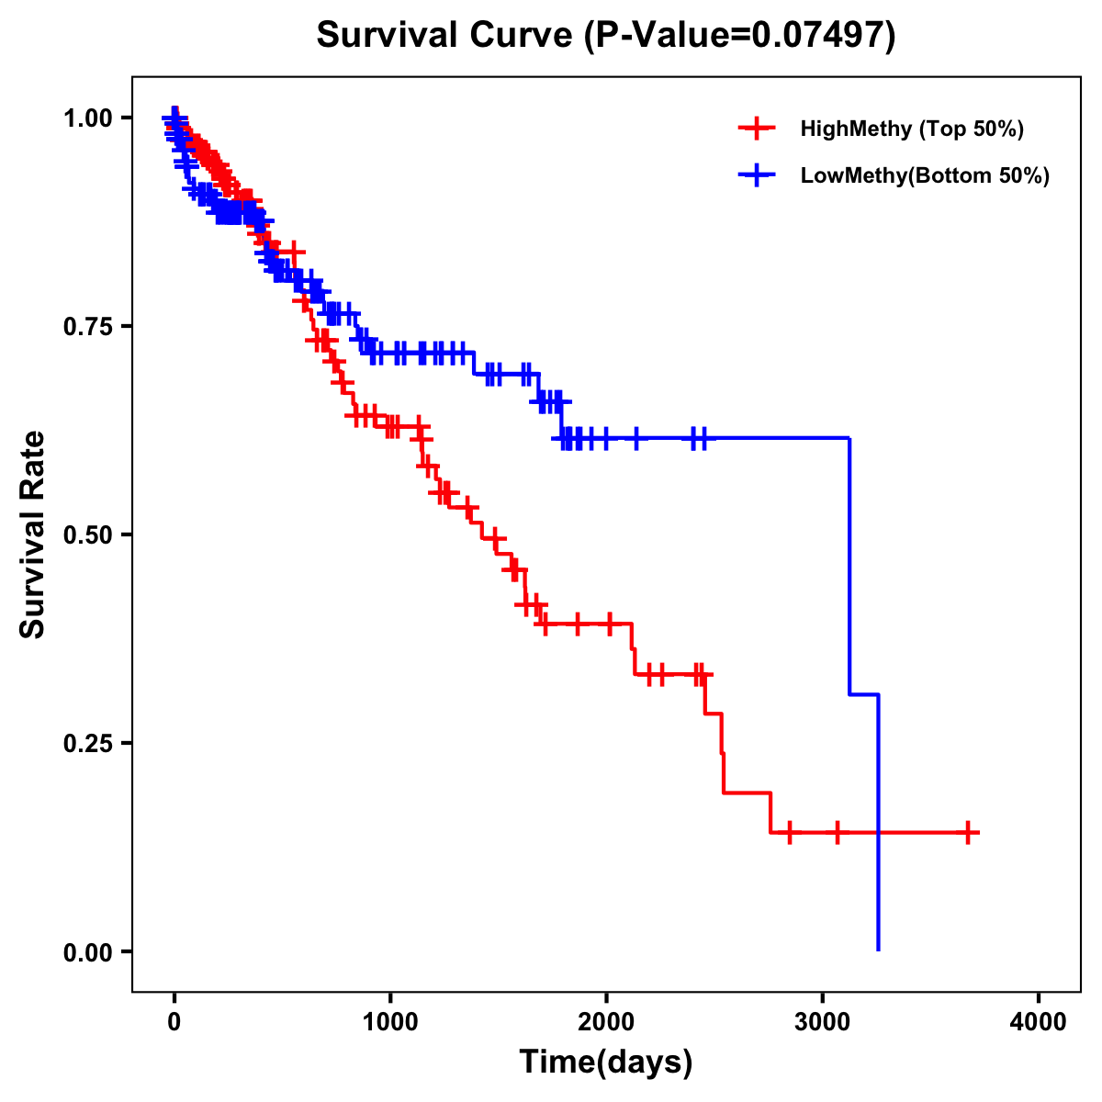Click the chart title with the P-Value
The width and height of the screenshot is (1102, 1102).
pyautogui.click(x=606, y=36)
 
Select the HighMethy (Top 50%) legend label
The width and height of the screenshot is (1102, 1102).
pyautogui.click(x=912, y=129)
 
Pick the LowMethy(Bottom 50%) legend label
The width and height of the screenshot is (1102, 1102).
pyautogui.click(x=925, y=175)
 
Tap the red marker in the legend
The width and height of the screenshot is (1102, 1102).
pyautogui.click(x=756, y=129)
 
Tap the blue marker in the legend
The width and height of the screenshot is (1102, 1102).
pyautogui.click(x=756, y=175)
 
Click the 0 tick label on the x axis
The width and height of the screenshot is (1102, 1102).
pyautogui.click(x=174, y=1023)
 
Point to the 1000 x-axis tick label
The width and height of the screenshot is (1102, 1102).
pyautogui.click(x=390, y=1023)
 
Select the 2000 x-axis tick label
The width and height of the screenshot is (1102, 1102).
pyautogui.click(x=606, y=1023)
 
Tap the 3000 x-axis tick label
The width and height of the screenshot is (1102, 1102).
pyautogui.click(x=823, y=1023)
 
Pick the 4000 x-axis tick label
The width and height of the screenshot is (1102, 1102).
pyautogui.click(x=1039, y=1023)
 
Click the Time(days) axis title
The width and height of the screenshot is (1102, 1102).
pyautogui.click(x=606, y=1063)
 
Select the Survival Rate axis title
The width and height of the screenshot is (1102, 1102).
pyautogui.click(x=34, y=534)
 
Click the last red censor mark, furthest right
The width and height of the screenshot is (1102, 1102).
pyautogui.click(x=968, y=833)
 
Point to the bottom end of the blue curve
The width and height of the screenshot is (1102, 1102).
pyautogui.click(x=879, y=949)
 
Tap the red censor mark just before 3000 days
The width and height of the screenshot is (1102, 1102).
pyautogui.click(x=789, y=833)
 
